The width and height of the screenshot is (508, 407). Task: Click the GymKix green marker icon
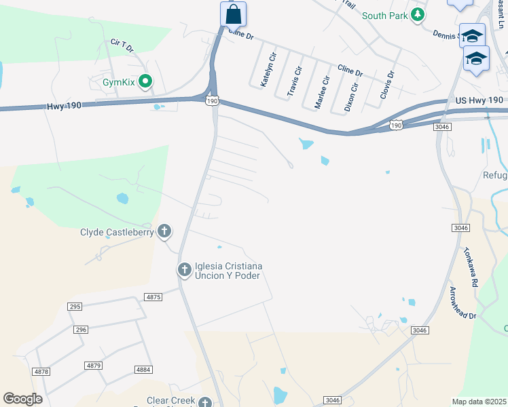click(145, 83)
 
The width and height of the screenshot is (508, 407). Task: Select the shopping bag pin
click(233, 14)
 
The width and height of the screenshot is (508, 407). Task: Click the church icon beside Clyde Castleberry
click(164, 232)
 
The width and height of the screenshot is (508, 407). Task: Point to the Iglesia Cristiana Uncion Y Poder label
click(228, 270)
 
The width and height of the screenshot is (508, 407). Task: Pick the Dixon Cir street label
click(350, 97)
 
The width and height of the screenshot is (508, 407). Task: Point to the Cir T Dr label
click(122, 45)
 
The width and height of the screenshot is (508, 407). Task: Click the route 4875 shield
click(153, 296)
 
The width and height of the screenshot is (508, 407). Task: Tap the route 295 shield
click(75, 307)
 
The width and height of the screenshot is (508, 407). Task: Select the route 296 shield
click(81, 329)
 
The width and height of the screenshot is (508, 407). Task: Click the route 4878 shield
click(41, 371)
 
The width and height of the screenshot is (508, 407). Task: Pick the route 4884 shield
click(143, 370)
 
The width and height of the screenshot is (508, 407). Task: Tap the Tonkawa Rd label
click(471, 265)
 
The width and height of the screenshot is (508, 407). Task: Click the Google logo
click(22, 398)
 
